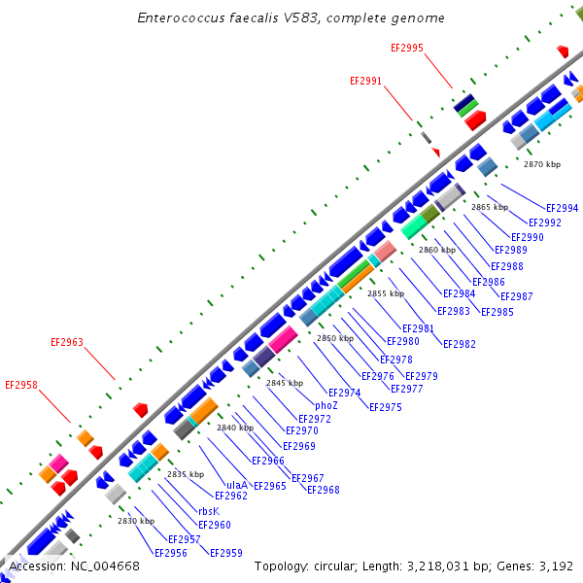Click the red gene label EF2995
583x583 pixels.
[406, 48]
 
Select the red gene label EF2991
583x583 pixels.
[365, 82]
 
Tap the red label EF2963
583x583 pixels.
[67, 342]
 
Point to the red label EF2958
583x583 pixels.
[21, 385]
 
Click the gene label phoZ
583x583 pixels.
[326, 405]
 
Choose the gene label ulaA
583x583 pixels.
[236, 484]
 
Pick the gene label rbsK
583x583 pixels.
[209, 510]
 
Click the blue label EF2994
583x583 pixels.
[562, 208]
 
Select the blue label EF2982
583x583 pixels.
[459, 344]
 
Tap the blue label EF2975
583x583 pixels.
[385, 407]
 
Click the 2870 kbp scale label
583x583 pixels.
[541, 164]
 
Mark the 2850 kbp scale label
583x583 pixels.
[334, 338]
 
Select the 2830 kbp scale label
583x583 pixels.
[136, 521]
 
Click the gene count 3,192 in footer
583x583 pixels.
[555, 566]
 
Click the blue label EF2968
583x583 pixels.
[324, 490]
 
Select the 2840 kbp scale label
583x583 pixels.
[235, 428]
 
